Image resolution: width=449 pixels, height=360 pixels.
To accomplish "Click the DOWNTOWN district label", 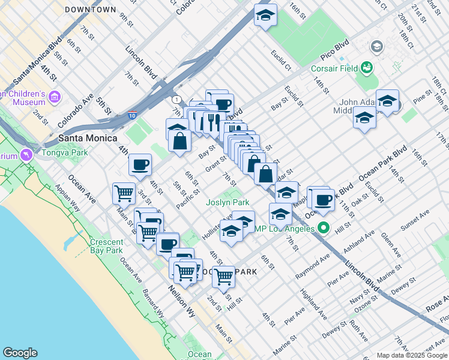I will [x=90, y=10].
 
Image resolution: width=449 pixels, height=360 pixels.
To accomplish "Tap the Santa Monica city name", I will [x=88, y=138].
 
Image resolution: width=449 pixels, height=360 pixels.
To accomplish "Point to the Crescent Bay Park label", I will [x=106, y=247].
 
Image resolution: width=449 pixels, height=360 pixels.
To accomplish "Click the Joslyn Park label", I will [x=228, y=203].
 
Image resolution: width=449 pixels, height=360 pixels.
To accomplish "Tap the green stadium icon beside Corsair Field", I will [x=366, y=68].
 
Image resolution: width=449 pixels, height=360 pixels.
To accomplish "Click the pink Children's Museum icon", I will [x=55, y=97].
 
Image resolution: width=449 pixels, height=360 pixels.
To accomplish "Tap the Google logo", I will [x=20, y=353].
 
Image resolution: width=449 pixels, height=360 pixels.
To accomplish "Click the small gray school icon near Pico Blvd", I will [x=377, y=46].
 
